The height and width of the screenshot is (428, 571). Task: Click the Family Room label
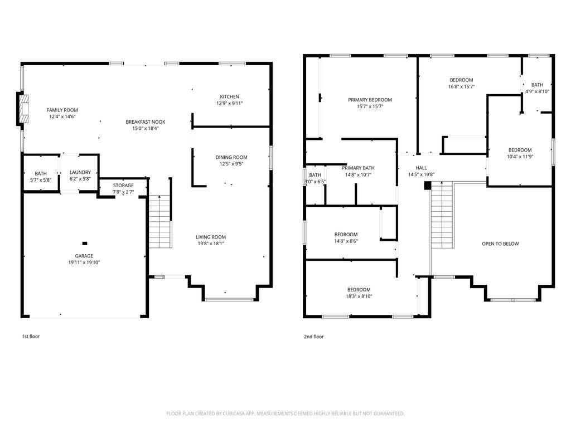[62, 110]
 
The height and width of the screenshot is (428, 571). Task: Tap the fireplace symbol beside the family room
[23, 109]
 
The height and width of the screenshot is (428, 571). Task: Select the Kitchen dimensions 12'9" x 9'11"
[229, 103]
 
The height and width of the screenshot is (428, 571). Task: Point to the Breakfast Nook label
[146, 122]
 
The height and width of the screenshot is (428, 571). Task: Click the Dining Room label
[231, 157]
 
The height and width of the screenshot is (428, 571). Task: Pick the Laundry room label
[80, 172]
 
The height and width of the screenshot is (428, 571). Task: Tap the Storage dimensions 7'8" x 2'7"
[123, 192]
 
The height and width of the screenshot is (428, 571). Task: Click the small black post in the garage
[85, 244]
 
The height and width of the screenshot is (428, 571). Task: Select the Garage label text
[84, 256]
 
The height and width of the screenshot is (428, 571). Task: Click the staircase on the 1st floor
[160, 222]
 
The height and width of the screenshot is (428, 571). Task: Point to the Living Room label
[211, 237]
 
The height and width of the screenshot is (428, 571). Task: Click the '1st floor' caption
[31, 337]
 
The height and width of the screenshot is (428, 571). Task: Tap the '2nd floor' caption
[314, 337]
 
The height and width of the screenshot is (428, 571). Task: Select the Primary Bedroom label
[370, 100]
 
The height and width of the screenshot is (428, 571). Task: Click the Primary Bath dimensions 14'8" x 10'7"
[359, 174]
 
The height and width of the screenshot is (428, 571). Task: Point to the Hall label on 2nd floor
[422, 168]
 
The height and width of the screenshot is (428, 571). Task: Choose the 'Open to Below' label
[500, 244]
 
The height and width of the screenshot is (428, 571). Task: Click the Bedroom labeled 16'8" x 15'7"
[461, 80]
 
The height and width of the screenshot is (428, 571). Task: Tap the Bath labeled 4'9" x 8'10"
[537, 85]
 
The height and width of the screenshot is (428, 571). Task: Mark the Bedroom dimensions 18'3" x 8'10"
[359, 296]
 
